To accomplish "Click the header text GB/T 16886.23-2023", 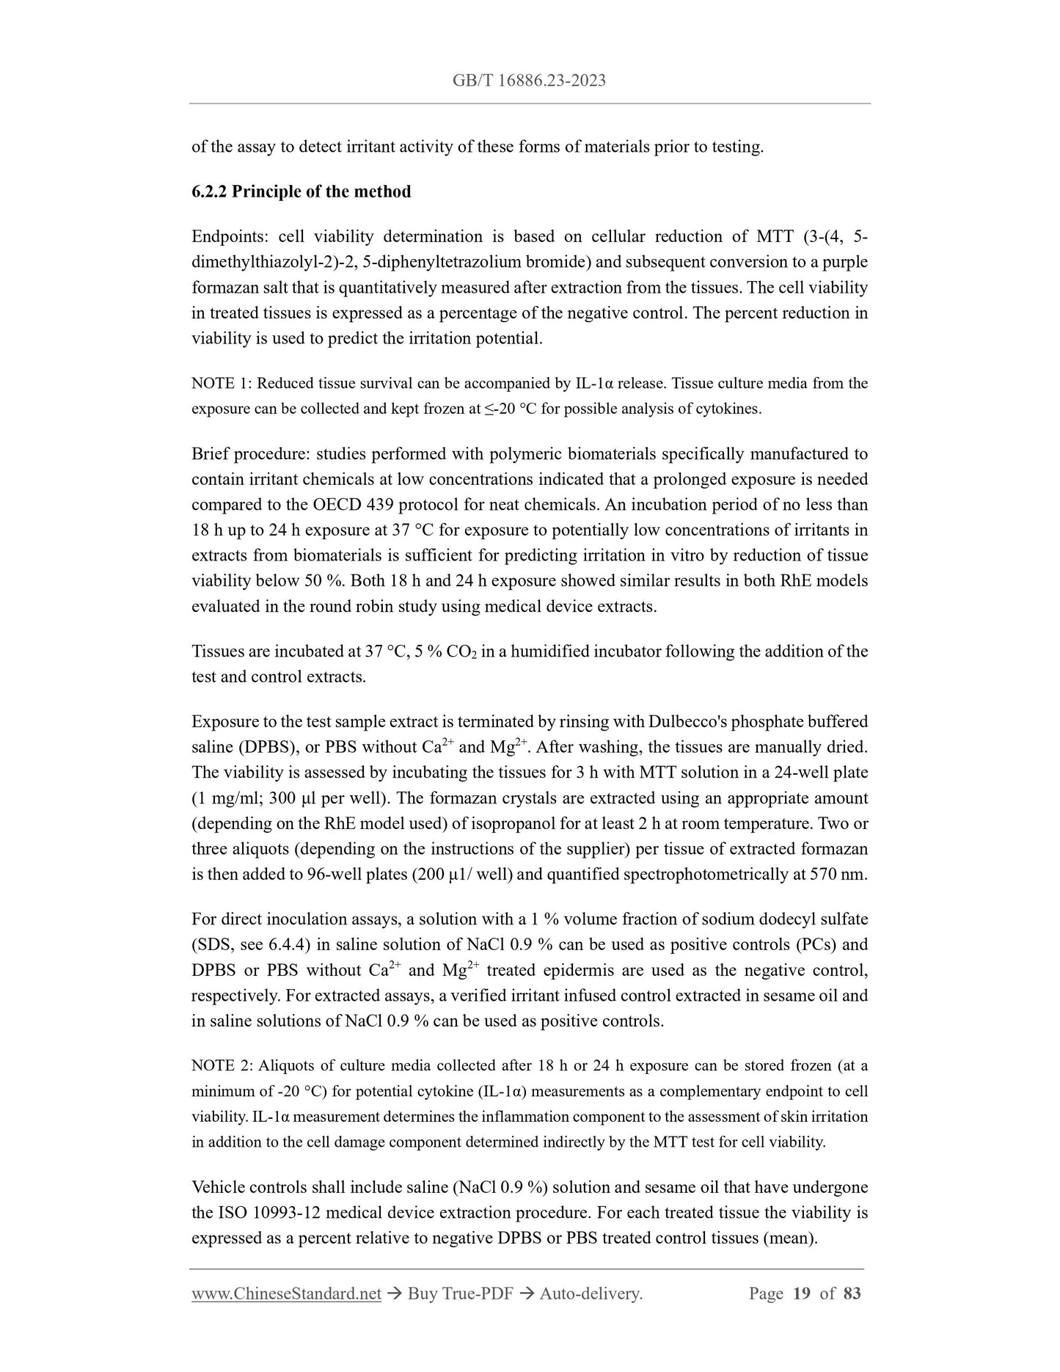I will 529,81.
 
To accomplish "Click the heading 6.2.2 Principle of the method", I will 301,191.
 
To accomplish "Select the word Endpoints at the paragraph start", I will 229,236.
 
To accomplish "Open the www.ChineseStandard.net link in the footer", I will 286,1294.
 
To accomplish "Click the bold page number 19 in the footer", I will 802,1294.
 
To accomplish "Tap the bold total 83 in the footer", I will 852,1294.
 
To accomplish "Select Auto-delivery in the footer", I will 591,1294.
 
